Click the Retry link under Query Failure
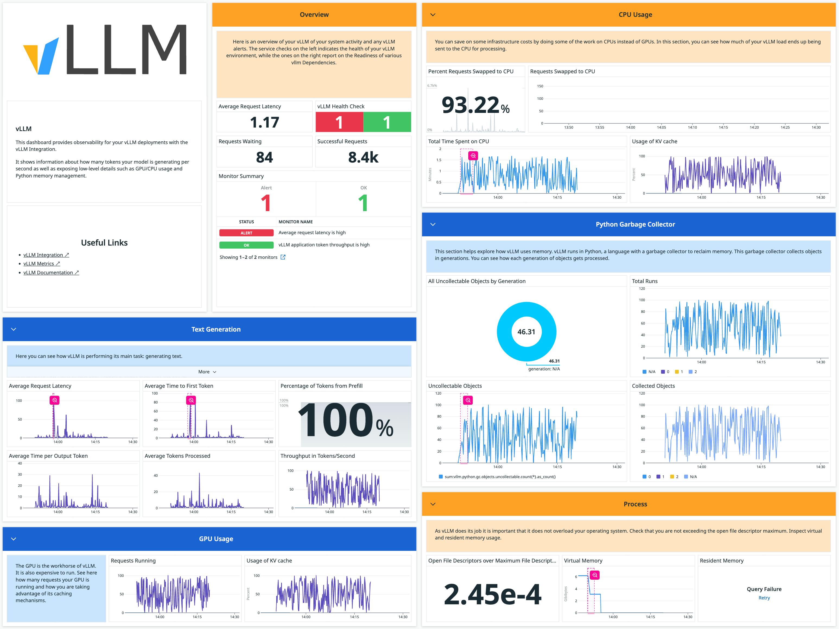764,598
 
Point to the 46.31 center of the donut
526,332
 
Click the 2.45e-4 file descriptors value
492,594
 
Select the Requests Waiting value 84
264,157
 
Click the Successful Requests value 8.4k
363,157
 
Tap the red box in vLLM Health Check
339,122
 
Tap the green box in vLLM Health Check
387,122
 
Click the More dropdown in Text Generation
207,372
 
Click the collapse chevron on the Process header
433,504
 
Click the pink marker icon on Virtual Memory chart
595,575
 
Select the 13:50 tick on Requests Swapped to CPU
568,128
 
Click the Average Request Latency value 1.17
264,122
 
